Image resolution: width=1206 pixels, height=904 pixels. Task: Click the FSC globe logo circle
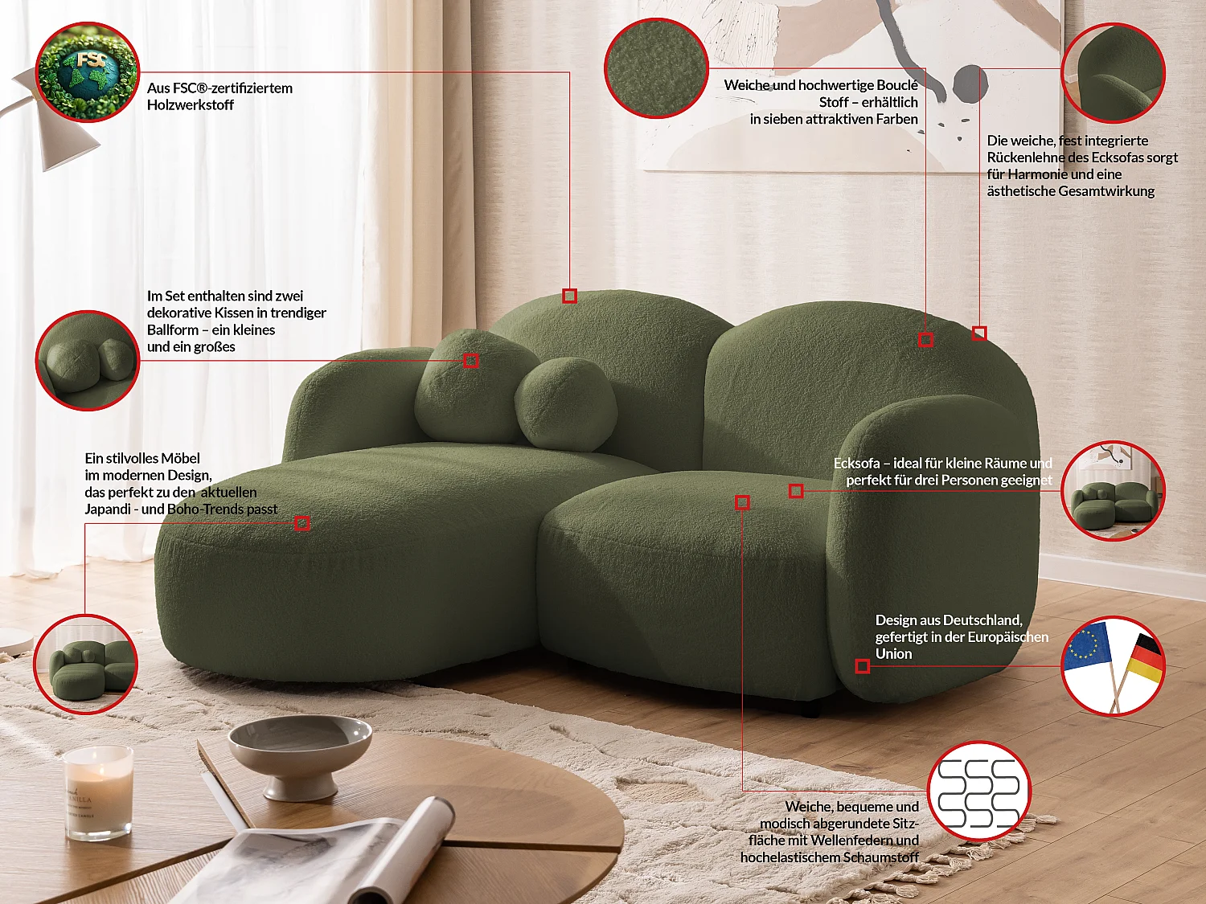tap(88, 72)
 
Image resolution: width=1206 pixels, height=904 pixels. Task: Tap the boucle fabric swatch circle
tap(656, 68)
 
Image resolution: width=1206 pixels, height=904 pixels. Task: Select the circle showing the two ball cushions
tap(88, 361)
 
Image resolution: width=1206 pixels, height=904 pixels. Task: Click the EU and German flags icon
tap(1114, 666)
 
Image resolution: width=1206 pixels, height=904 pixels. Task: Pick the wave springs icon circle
tap(979, 792)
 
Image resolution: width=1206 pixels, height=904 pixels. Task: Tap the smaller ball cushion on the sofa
tap(566, 403)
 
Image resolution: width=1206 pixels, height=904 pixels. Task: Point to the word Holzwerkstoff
tap(191, 105)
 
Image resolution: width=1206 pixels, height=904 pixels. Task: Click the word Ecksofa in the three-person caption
tap(856, 464)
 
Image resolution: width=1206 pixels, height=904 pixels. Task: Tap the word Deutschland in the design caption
tap(982, 620)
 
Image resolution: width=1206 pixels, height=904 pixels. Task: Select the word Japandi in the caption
tap(108, 509)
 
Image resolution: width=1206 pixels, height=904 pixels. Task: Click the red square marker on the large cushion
tap(471, 361)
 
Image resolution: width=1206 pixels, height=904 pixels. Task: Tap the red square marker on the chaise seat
tap(302, 524)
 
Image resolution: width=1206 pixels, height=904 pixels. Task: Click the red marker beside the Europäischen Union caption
tap(863, 666)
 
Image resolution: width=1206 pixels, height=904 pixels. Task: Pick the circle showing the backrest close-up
tap(1114, 72)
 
